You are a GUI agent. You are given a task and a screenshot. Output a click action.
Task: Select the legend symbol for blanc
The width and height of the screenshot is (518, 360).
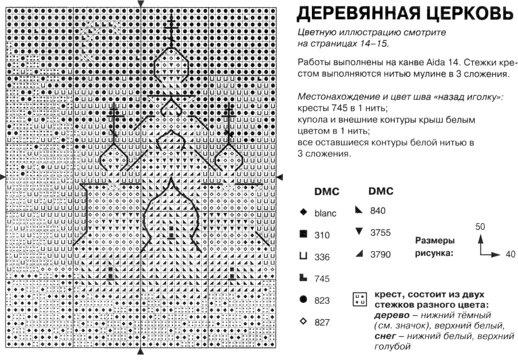point(303,212)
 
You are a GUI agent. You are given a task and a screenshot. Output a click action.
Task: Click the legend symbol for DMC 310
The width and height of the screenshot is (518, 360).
point(303,233)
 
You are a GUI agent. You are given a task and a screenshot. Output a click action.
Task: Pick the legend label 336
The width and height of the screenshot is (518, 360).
point(322,257)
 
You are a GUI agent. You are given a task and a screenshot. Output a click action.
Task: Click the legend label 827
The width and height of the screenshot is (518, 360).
point(322,322)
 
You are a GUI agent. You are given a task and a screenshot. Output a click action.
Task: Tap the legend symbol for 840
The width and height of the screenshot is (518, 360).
point(358,210)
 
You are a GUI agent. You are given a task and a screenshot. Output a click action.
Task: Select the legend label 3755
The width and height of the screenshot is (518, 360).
point(380,232)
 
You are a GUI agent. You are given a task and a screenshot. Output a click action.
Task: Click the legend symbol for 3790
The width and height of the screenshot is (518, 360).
point(358,254)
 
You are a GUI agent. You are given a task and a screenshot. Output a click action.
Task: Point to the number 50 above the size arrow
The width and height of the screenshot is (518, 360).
point(480,226)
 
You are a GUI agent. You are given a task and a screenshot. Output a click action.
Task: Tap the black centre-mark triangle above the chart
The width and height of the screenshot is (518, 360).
point(141,3)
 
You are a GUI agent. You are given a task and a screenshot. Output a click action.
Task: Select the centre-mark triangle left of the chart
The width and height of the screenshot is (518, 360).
point(3,176)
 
